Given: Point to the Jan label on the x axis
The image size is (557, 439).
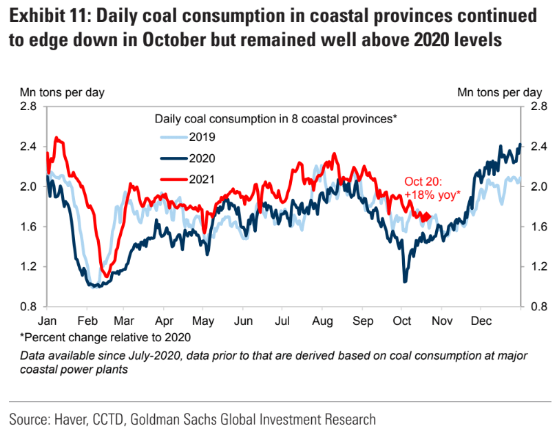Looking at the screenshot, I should [48, 321].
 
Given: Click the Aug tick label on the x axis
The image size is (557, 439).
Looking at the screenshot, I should [322, 321].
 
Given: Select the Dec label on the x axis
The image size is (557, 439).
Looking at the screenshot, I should [480, 321].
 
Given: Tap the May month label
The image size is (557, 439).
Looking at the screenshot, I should [203, 321].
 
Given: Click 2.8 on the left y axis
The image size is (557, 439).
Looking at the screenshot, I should [28, 107].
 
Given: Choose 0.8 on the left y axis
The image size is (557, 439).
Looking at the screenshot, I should [28, 307].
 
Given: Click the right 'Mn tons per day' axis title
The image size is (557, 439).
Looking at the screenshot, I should [500, 92].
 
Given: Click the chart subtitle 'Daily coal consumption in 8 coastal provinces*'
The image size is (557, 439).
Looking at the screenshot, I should [276, 118].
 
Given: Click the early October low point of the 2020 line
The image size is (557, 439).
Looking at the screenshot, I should [406, 280].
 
